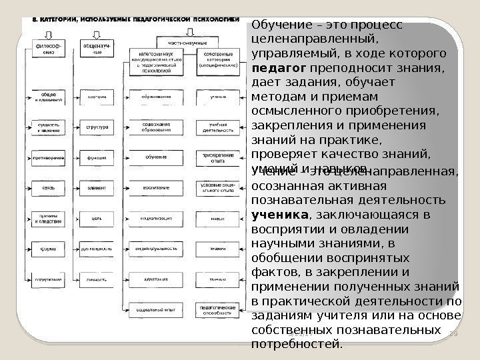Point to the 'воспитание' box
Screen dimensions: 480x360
[x=156, y=187]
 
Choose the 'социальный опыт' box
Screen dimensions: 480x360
[x=156, y=310]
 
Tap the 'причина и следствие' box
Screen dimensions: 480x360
[x=45, y=218]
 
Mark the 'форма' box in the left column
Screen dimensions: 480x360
[x=45, y=249]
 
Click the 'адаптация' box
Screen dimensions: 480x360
[x=156, y=279]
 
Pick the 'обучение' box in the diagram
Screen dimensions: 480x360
[x=156, y=157]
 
